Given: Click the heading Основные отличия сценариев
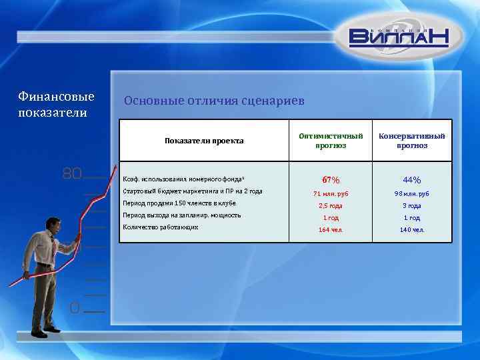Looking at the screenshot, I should [214, 101].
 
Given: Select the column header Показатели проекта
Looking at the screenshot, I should [204, 141].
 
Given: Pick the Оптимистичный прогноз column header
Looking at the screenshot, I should [331, 141].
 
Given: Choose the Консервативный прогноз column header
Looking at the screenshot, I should [412, 141].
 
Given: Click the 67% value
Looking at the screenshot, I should [331, 180].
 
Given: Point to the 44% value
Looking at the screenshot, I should [412, 180].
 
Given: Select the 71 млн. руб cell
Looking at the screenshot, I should [331, 194].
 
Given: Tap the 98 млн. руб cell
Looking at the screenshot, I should [412, 194].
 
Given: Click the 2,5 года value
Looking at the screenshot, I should [331, 206].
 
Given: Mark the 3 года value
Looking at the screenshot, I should [412, 206].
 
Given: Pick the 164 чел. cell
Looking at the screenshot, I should [331, 230].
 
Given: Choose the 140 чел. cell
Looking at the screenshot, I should [412, 230].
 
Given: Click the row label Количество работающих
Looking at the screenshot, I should [161, 227].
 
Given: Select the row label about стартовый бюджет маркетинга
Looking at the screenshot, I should [193, 191].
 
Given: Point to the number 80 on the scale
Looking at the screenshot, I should [72, 175].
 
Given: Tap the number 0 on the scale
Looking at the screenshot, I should [75, 307].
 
